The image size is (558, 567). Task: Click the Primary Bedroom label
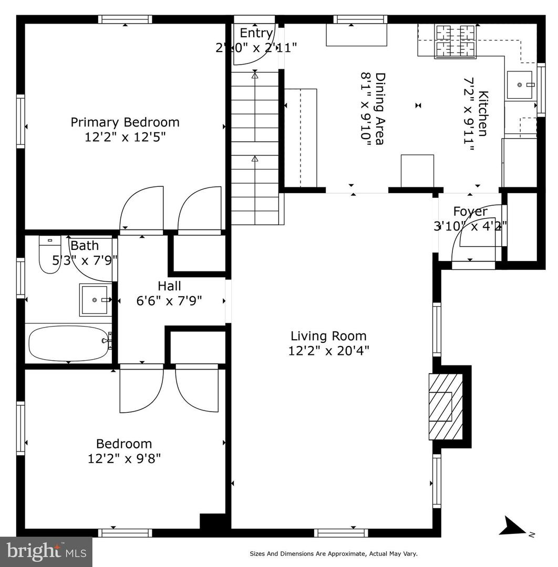(x=125, y=122)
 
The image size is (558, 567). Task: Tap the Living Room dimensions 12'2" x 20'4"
(x=328, y=351)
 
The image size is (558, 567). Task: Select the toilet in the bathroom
(x=50, y=256)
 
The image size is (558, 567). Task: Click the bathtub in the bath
(x=68, y=343)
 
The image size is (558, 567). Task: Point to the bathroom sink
(x=95, y=300)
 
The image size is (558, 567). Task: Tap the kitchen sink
(x=520, y=85)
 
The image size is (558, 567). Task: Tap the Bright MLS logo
(x=46, y=551)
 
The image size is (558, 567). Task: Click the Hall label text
(x=169, y=286)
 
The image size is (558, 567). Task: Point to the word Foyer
(x=470, y=212)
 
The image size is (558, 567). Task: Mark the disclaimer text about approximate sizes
(x=333, y=553)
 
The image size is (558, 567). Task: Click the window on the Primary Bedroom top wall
(x=125, y=19)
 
